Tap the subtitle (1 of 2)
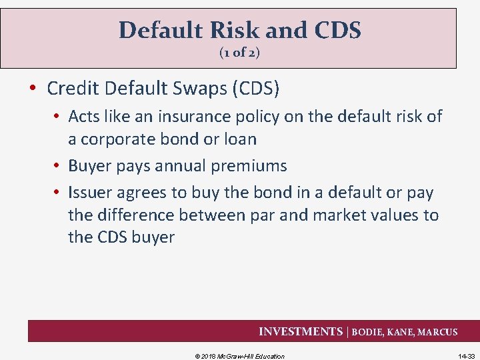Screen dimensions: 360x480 click(x=239, y=53)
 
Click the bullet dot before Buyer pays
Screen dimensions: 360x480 click(x=58, y=166)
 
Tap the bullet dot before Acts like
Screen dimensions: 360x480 click(x=58, y=117)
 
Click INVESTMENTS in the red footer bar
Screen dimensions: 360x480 click(x=301, y=331)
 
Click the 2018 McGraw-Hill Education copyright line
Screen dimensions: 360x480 click(x=239, y=356)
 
